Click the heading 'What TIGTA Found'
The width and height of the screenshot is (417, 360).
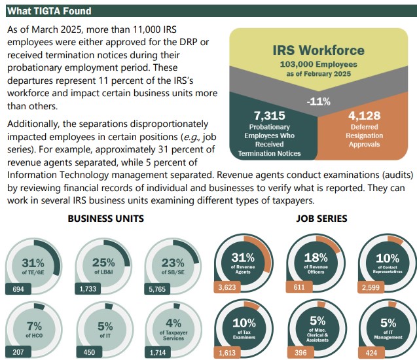pyautogui.click(x=49, y=11)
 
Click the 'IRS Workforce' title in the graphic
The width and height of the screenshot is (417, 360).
pyautogui.click(x=318, y=50)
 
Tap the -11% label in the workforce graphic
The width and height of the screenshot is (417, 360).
pyautogui.click(x=318, y=101)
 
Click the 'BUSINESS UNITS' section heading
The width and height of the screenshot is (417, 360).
pyautogui.click(x=105, y=219)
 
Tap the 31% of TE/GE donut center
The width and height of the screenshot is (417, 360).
pyautogui.click(x=33, y=265)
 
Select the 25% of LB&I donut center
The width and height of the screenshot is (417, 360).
pyautogui.click(x=103, y=265)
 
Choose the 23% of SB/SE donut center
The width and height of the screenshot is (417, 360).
pyautogui.click(x=173, y=265)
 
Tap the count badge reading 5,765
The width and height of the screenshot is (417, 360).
pyautogui.click(x=158, y=288)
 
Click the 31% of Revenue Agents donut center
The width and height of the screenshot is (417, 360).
pyautogui.click(x=243, y=262)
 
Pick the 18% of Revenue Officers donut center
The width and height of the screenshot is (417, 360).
pyautogui.click(x=315, y=262)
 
